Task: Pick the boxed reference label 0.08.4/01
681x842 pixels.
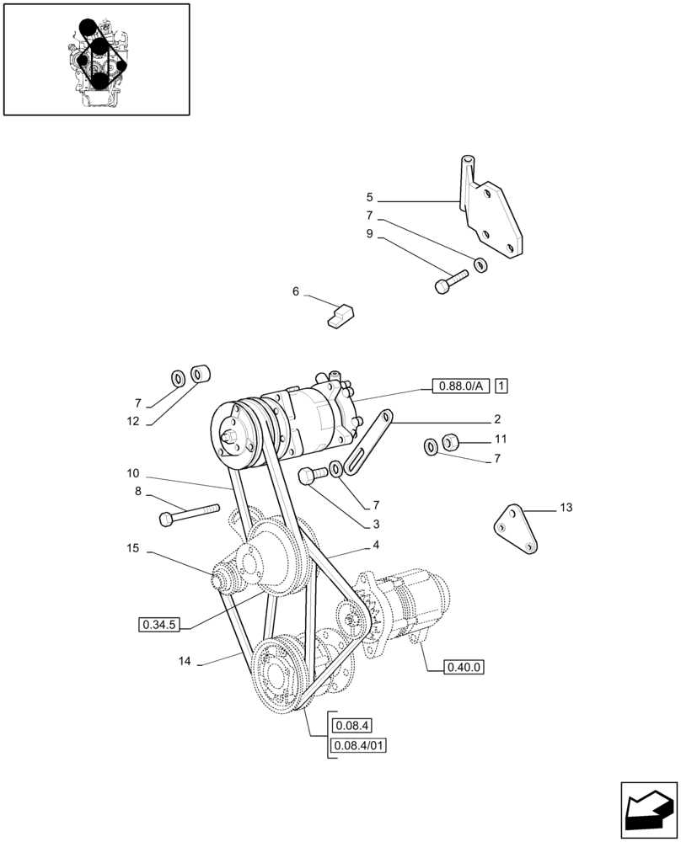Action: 359,744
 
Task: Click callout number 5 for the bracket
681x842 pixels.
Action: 369,197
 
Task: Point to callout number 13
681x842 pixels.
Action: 565,508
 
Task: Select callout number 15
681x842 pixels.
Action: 132,548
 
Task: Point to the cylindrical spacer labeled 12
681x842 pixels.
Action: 201,373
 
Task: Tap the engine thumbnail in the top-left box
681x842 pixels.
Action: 97,59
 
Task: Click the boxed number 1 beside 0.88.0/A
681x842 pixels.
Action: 501,386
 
